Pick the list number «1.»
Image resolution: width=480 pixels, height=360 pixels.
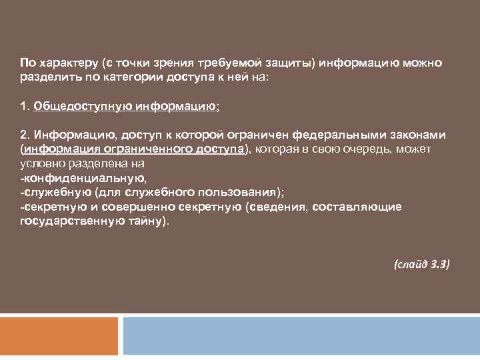click(x=25, y=106)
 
